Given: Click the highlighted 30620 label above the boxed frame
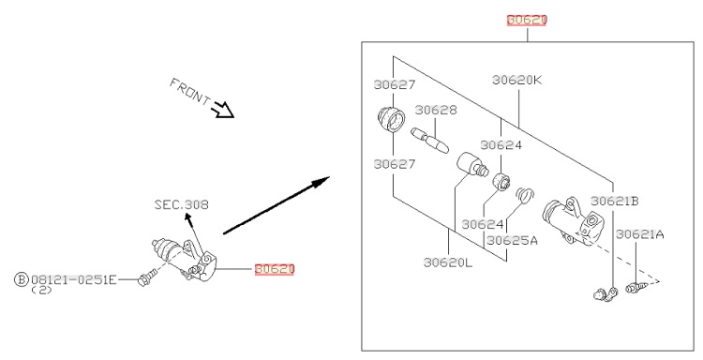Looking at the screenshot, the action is tap(527, 21).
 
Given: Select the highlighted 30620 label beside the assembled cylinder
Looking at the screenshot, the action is tap(275, 269).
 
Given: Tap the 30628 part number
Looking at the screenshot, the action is tap(435, 110).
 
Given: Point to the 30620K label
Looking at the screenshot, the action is tap(516, 81).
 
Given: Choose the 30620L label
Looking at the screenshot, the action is tap(448, 262).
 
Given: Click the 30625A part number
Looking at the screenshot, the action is tap(512, 240).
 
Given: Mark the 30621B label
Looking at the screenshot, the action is tap(614, 201).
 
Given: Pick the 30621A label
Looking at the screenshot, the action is tap(640, 234).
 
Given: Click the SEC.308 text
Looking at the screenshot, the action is tap(182, 205).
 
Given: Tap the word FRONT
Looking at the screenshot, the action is tap(189, 92).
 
